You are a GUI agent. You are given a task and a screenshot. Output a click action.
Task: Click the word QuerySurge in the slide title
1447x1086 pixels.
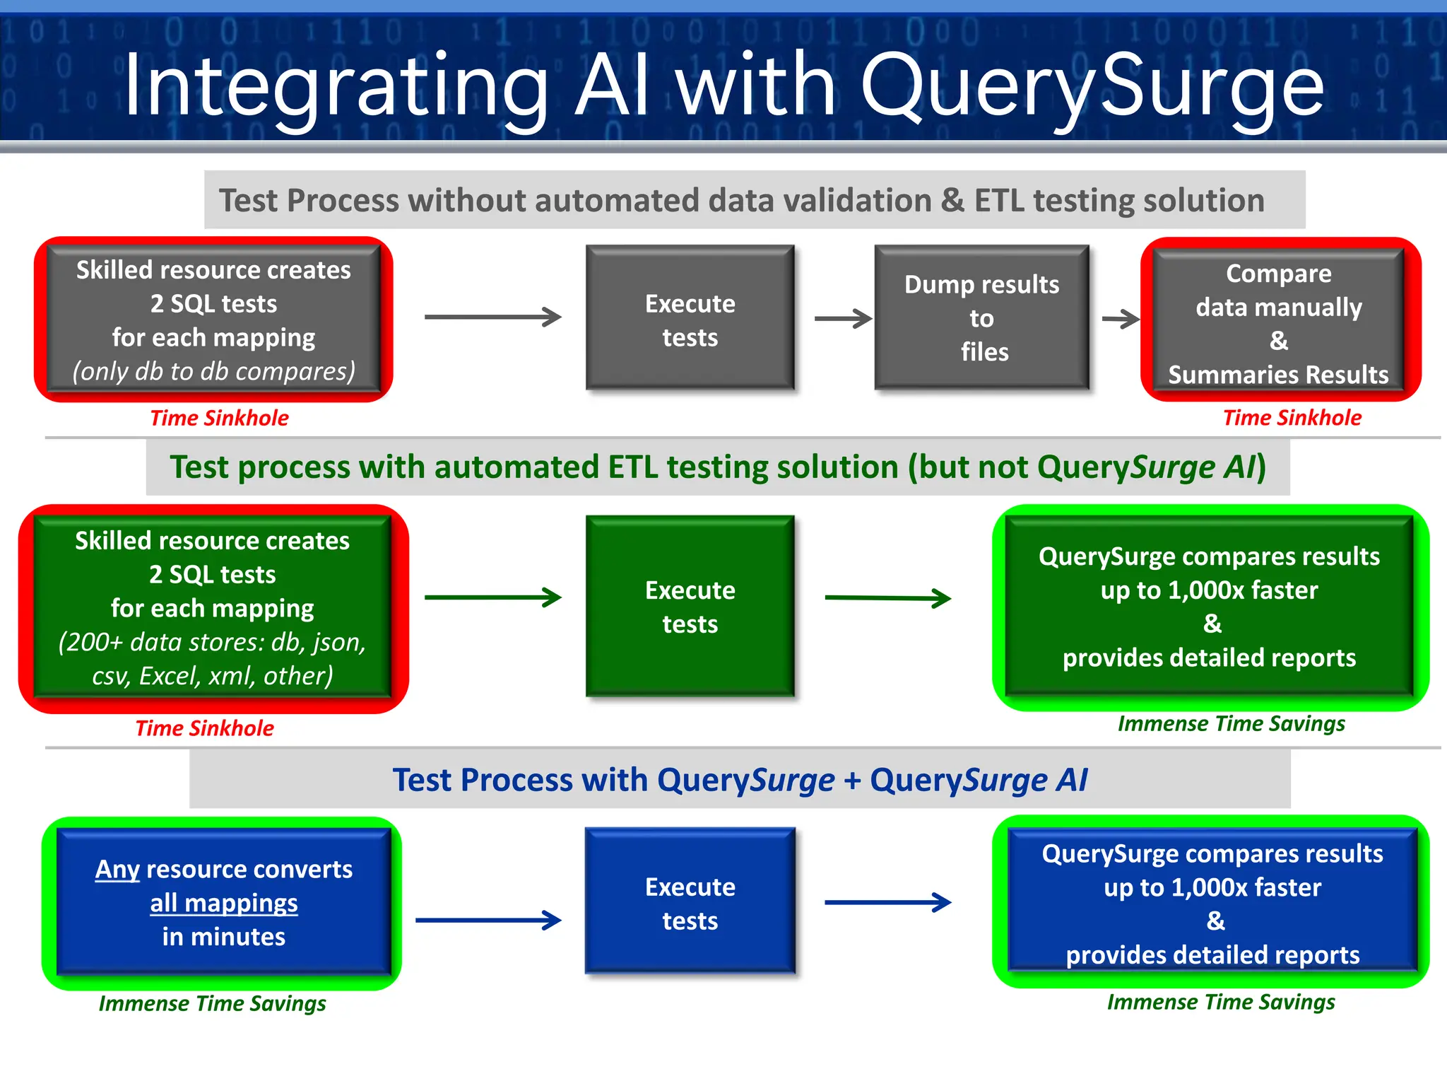point(1092,86)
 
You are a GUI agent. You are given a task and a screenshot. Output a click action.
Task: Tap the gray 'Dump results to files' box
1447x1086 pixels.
point(981,317)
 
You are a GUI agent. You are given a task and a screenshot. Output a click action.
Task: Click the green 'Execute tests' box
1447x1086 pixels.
point(690,607)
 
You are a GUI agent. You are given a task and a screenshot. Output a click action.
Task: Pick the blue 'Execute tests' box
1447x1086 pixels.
point(690,903)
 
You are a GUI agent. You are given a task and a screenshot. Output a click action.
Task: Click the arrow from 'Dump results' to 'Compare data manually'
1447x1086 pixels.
point(1121,319)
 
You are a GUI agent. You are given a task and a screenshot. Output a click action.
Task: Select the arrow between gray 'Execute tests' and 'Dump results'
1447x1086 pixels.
point(842,318)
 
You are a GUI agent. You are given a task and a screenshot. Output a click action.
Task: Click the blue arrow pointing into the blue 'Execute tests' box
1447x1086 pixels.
point(488,920)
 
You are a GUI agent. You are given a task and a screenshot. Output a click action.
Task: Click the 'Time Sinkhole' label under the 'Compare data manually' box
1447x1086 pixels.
point(1292,418)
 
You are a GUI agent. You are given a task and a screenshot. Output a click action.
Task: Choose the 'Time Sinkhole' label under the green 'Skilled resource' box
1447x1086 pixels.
point(204,728)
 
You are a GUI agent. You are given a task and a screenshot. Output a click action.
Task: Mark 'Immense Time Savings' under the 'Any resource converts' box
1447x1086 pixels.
point(212,1003)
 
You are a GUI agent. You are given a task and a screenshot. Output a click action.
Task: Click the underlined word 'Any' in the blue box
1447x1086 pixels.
point(117,869)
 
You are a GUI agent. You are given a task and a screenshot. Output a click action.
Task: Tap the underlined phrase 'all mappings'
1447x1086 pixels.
point(223,903)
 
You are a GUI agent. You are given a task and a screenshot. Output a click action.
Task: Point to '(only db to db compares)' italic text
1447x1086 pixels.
point(213,371)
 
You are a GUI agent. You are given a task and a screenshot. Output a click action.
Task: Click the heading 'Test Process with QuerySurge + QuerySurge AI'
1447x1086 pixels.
point(739,780)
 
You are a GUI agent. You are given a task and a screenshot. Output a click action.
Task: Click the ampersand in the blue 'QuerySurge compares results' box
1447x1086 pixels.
point(1215,921)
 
